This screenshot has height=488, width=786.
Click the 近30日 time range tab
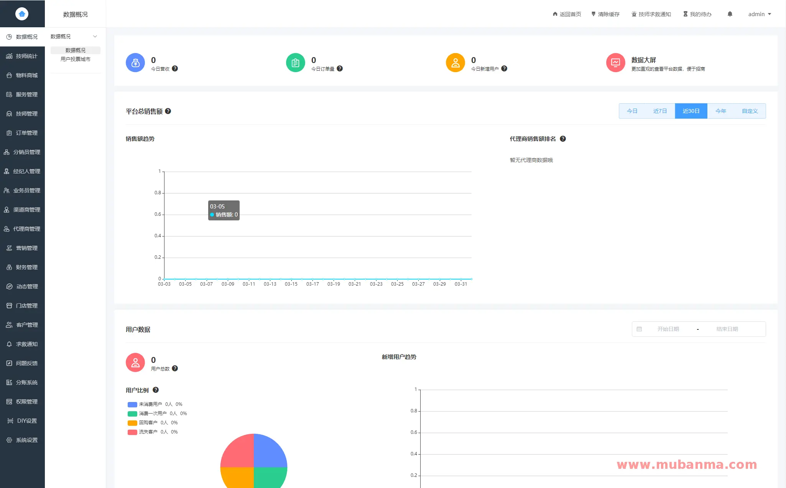pos(691,111)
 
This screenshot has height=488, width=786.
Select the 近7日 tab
pos(660,111)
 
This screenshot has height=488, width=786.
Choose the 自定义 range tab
pos(750,111)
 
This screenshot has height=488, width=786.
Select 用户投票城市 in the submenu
pos(76,59)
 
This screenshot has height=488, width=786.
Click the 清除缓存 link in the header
pos(605,14)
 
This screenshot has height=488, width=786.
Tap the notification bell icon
pos(730,14)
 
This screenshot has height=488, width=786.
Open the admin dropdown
pos(759,14)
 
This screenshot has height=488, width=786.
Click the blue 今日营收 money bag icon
pos(135,63)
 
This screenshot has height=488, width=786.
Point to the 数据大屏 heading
pos(643,60)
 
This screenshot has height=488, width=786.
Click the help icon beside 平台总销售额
pos(168,111)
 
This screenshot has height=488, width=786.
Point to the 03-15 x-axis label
pos(291,284)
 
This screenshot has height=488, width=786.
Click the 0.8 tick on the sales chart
pos(158,193)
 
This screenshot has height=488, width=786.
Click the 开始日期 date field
pos(668,329)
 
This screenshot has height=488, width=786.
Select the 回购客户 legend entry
pos(148,423)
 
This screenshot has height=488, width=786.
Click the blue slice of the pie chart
pos(270,451)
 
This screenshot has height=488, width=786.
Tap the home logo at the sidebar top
pos(22,14)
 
